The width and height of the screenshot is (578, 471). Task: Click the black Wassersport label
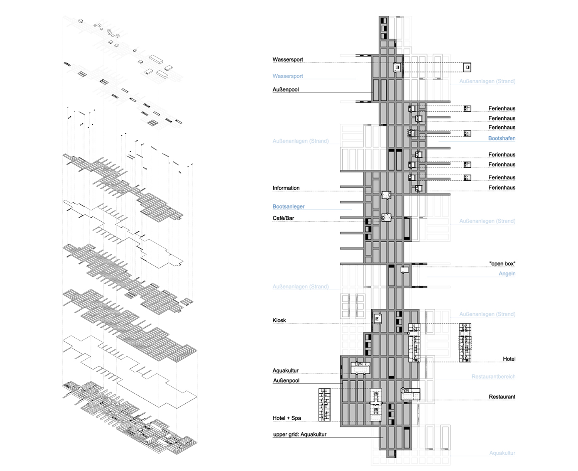click(287, 59)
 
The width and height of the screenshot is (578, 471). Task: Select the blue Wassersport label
click(287, 76)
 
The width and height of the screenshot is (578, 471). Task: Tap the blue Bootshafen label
click(502, 138)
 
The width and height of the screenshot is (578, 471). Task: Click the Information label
click(286, 188)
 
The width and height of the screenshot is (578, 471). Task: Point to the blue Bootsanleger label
click(289, 206)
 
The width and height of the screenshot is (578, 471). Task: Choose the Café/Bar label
click(283, 218)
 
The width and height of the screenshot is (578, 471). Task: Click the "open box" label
click(502, 264)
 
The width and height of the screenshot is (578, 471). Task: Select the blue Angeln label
click(507, 274)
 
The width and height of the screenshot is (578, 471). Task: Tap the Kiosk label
click(279, 320)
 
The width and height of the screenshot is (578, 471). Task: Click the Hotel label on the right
click(509, 359)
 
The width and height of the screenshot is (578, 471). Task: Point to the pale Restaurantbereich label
click(493, 377)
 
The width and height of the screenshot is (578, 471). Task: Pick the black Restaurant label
click(502, 397)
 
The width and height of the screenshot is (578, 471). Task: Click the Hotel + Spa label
click(287, 418)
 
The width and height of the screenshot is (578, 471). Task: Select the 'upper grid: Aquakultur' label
click(299, 434)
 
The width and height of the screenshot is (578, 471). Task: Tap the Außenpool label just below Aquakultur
click(286, 380)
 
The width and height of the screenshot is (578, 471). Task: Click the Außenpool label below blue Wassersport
click(286, 90)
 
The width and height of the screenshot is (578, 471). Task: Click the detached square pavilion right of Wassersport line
click(467, 67)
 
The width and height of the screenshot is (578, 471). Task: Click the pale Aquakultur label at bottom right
click(502, 453)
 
